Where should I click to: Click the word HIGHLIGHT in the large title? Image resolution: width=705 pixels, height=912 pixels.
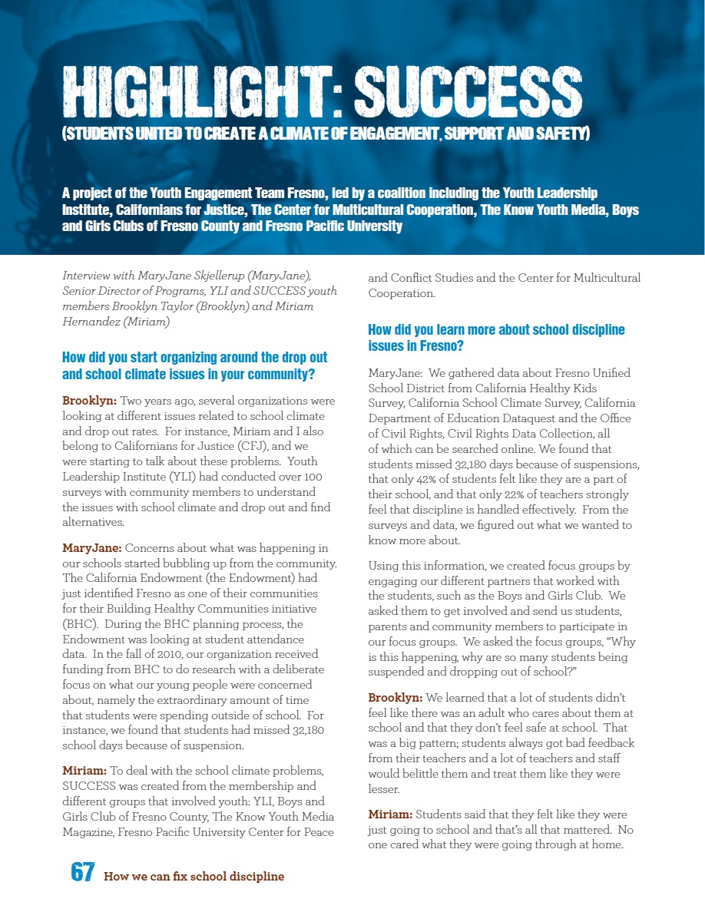198,93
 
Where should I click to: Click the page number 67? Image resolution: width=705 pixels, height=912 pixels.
83,872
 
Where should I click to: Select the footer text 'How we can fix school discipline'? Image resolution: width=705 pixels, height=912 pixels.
194,876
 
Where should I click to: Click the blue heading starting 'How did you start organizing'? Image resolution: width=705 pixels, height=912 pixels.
194,365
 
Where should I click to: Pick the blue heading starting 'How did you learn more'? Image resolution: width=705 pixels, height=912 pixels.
496,338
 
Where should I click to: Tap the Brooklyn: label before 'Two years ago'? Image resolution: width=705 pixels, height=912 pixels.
89,401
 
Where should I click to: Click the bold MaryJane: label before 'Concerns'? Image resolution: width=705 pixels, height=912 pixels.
91,548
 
